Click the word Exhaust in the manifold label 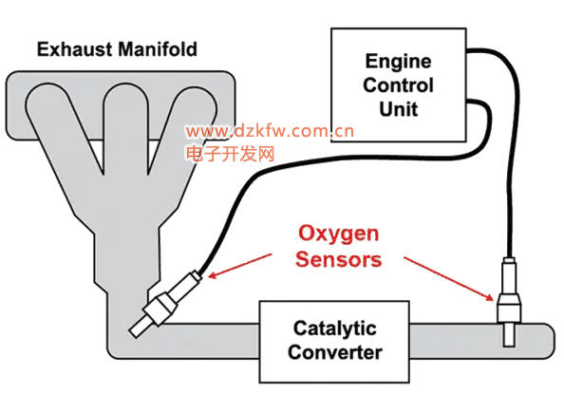point(74,49)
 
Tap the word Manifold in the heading point(158,49)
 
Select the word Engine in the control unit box point(398,62)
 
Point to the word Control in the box point(398,85)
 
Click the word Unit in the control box point(398,109)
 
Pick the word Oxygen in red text point(338,235)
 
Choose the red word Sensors point(338,259)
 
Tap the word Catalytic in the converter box point(334,328)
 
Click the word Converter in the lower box point(334,352)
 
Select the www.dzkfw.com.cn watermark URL point(270,131)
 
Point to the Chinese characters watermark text point(230,154)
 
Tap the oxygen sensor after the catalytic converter point(509,302)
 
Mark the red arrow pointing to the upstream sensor point(240,266)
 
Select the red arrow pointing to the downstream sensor point(448,278)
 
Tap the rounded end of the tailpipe point(549,341)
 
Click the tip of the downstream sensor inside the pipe point(509,346)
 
